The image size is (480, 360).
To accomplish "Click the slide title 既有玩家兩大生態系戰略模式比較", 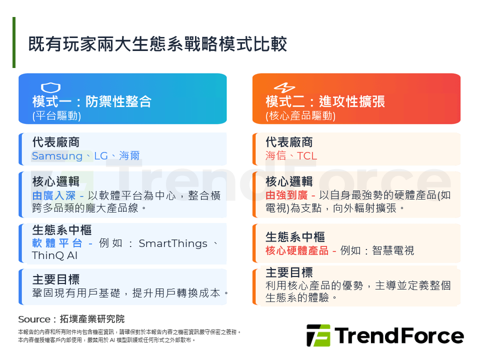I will [x=157, y=44].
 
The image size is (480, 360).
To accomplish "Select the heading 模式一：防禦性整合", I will [x=91, y=102].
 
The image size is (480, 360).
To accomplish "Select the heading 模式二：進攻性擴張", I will [x=325, y=102].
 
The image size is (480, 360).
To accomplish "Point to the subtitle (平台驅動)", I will [x=56, y=116].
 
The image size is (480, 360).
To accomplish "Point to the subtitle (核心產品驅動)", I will [x=300, y=116].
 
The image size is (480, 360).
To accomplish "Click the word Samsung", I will [x=57, y=156].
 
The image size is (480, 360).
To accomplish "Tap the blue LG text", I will [x=101, y=156].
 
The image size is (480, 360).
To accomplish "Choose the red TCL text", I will [x=307, y=156].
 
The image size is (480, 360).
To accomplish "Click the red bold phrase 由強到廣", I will [x=281, y=195].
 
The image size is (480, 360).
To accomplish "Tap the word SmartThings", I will [x=173, y=243].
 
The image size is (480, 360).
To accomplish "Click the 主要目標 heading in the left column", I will [x=56, y=279].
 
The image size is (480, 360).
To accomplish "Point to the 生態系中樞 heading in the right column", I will [x=295, y=236].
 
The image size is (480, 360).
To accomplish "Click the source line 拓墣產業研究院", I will [x=92, y=319].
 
